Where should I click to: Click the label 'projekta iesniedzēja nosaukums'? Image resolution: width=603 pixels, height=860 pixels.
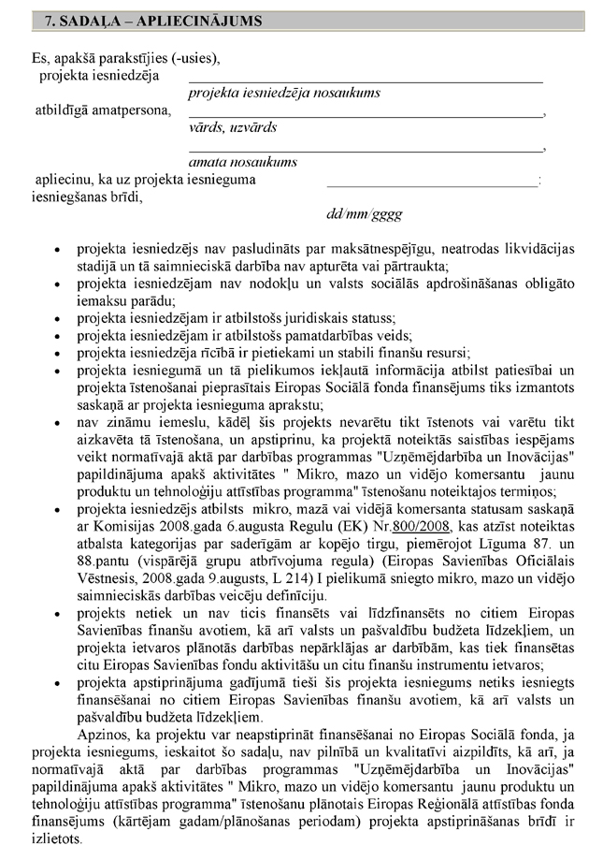283,93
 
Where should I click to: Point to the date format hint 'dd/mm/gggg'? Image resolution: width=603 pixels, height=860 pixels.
364,213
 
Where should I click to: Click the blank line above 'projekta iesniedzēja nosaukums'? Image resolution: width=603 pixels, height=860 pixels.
365,81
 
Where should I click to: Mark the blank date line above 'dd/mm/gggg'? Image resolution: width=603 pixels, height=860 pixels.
432,188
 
